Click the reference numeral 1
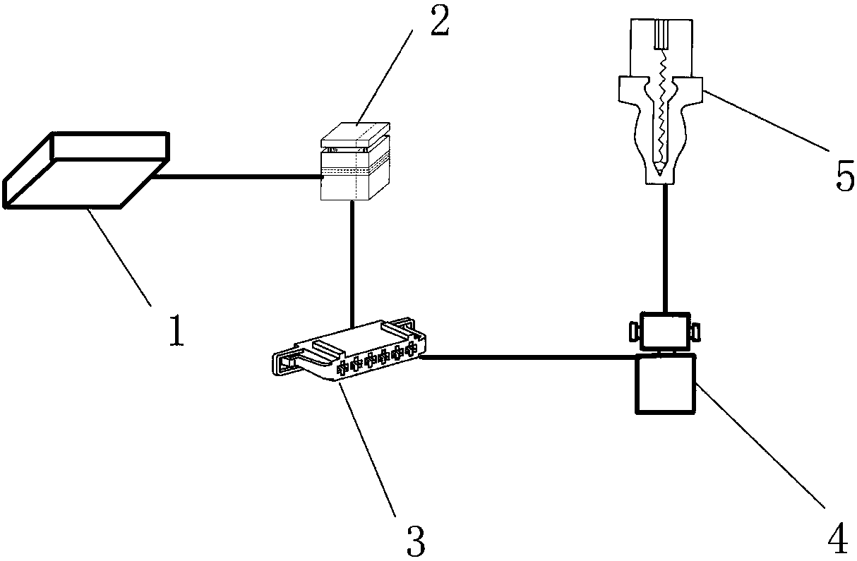176,330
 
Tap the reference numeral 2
440,21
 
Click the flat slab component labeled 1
86,171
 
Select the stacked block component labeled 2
355,161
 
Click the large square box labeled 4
665,384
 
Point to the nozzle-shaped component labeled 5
661,102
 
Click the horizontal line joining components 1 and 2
237,176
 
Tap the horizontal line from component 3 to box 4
528,357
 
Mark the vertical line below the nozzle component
665,248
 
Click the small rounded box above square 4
665,331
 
